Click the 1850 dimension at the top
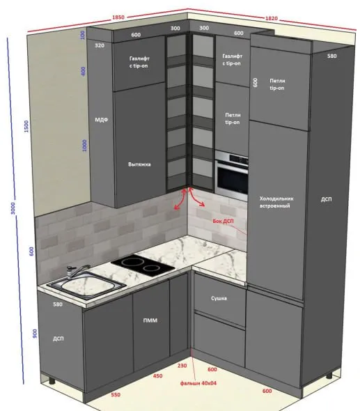coord(118,17)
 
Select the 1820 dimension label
coord(272,18)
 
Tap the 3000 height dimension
coord(13,208)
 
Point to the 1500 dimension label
coord(26,126)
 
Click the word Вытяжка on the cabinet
coord(139,164)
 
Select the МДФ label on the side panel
coord(102,120)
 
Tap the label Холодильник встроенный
coord(276,202)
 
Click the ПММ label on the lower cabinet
coord(150,320)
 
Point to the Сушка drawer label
coord(219,298)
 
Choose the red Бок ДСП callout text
coord(223,222)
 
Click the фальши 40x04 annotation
coord(198,383)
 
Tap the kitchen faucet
coord(77,271)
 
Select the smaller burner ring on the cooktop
coord(150,268)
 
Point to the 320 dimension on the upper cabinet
coord(100,45)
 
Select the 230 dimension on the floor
coord(182,366)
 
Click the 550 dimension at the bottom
coord(116,395)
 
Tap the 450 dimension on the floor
coord(157,376)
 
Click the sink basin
coord(86,284)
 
